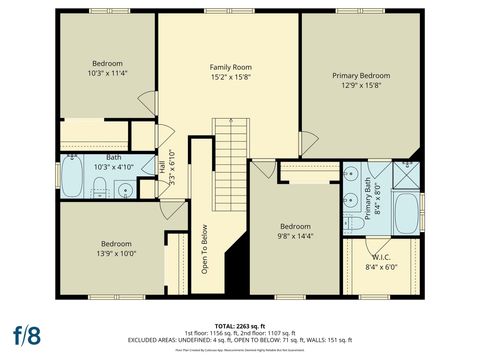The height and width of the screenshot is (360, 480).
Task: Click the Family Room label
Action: pyautogui.click(x=228, y=66)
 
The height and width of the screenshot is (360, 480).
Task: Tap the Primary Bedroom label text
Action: pyautogui.click(x=361, y=75)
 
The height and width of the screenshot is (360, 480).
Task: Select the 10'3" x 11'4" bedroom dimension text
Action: pyautogui.click(x=107, y=73)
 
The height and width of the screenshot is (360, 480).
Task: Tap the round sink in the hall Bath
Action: pyautogui.click(x=124, y=189)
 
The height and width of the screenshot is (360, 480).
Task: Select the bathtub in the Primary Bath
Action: pyautogui.click(x=406, y=213)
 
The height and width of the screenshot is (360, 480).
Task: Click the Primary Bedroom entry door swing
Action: pyautogui.click(x=309, y=145)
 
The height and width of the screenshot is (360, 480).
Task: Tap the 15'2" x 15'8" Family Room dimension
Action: pyautogui.click(x=228, y=76)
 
